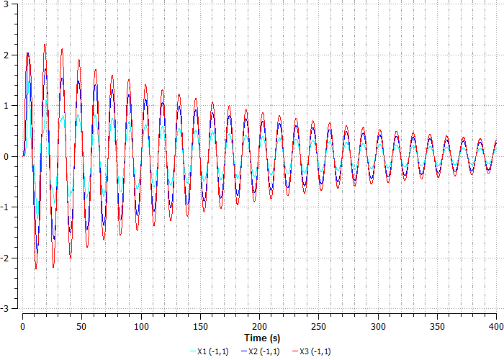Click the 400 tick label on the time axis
tap(496, 325)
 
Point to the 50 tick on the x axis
tap(81, 325)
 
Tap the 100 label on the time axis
tap(141, 325)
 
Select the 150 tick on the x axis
tap(200, 325)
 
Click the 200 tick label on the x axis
tap(259, 325)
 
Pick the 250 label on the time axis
tap(318, 325)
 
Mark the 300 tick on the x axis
tap(378, 325)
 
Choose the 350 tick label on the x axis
tap(437, 325)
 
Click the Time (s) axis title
tap(261, 338)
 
